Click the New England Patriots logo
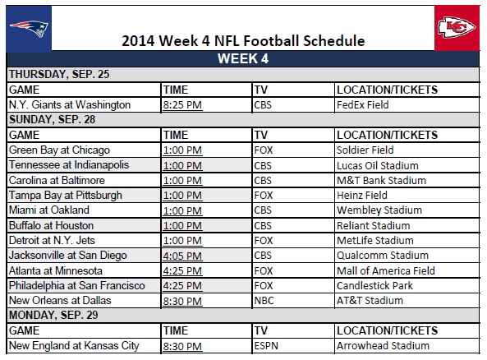click(29, 29)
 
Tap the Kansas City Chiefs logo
click(455, 30)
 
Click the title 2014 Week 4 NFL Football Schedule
click(243, 41)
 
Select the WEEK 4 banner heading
click(242, 58)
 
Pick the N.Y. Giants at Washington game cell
click(69, 104)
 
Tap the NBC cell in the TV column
click(264, 300)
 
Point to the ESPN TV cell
click(266, 345)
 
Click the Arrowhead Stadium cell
click(377, 345)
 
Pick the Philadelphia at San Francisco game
click(76, 285)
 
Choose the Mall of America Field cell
click(385, 270)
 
